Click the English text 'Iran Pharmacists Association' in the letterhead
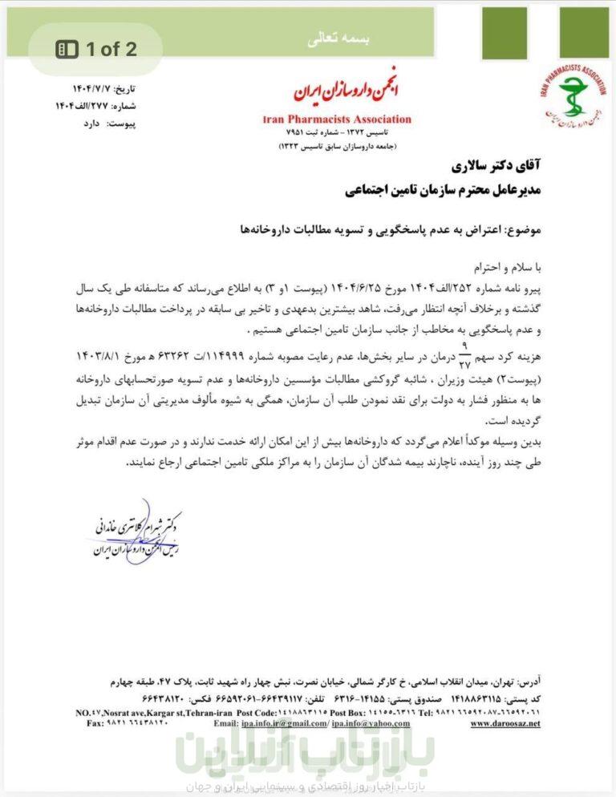(337, 119)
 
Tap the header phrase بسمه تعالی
(308, 38)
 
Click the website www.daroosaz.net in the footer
(505, 723)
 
